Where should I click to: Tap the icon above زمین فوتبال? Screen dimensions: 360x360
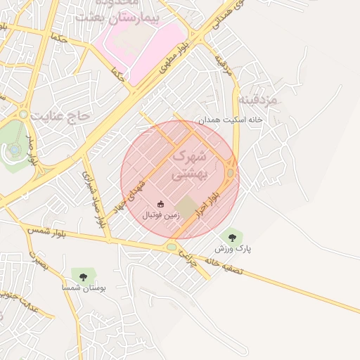tap(161, 204)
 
